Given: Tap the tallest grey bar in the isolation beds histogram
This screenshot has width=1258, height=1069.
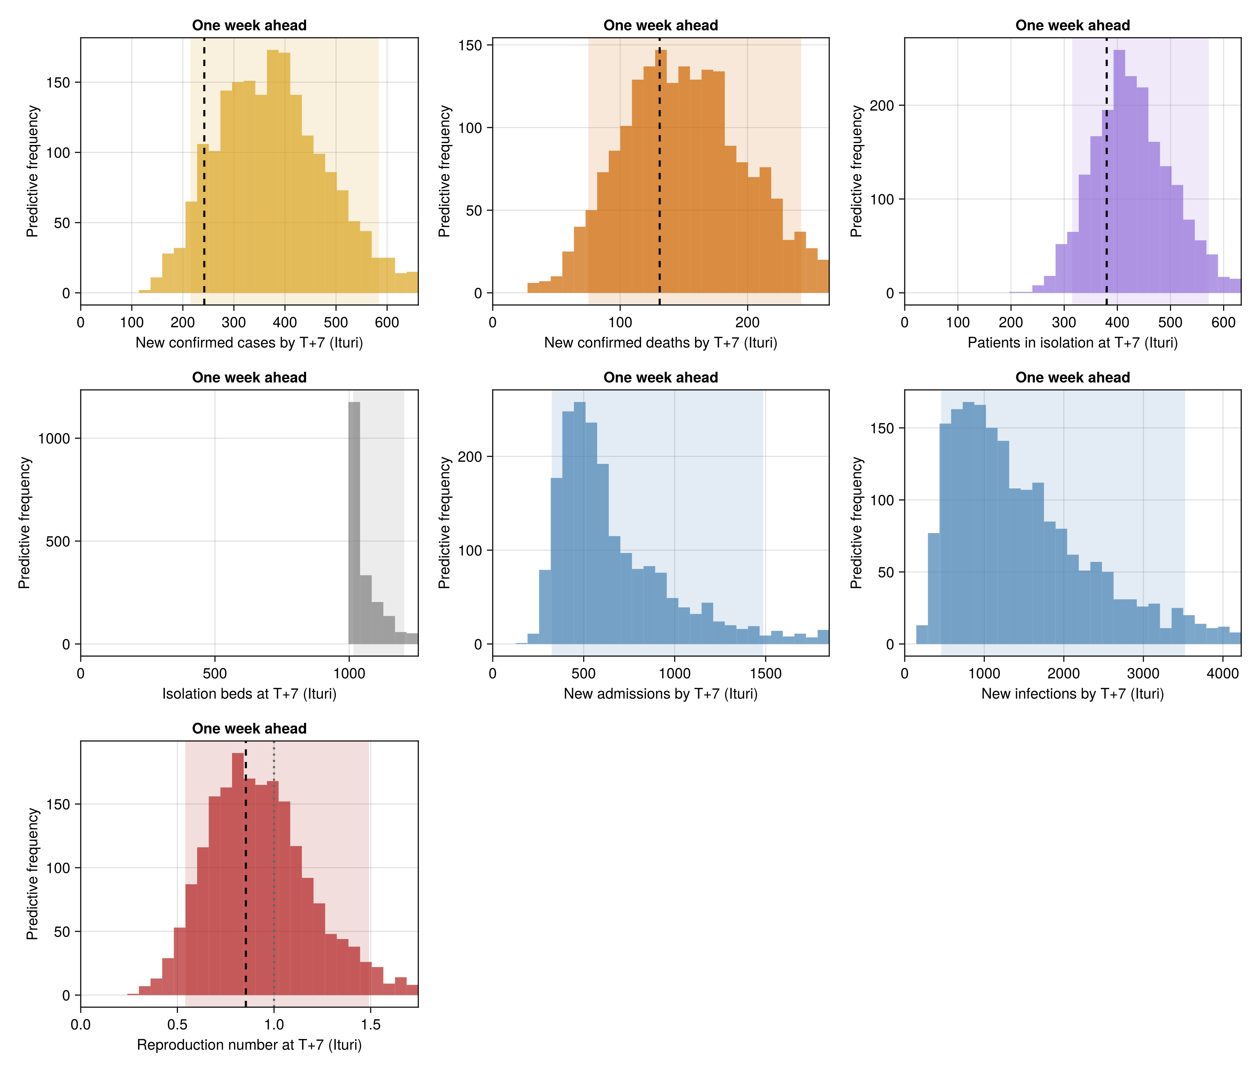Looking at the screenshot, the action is point(354,523).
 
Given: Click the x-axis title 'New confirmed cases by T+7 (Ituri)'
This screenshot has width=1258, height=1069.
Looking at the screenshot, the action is point(249,343).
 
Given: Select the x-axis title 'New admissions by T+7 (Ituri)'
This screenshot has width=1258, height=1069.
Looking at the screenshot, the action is point(661,694).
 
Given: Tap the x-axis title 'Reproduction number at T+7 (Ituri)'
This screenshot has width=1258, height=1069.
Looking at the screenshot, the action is point(249,1045).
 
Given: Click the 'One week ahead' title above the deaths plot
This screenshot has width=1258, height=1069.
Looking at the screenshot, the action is point(661,26).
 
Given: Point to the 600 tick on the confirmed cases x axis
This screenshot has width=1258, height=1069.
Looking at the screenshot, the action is point(387,322).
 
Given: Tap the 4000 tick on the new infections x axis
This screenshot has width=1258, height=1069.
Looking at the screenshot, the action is point(1223,673).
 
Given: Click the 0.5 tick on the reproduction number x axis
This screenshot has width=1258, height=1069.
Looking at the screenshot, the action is point(177,1025).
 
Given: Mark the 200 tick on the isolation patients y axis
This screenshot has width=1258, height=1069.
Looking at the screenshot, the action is point(882,106).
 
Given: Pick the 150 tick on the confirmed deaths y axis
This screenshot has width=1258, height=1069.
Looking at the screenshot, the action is point(470,45).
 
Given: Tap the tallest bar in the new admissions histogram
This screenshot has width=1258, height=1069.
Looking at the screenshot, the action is point(580,523).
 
